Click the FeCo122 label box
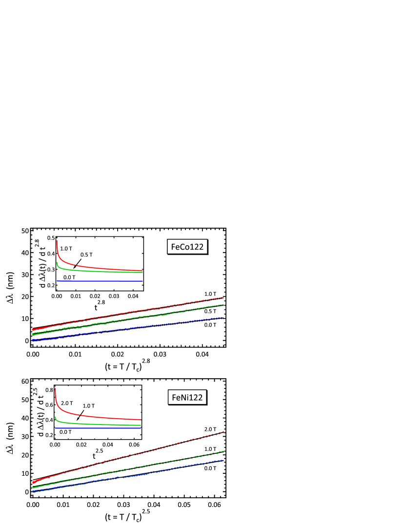click(188, 247)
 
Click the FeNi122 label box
click(187, 397)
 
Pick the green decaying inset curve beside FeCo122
click(98, 271)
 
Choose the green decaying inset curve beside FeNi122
click(98, 424)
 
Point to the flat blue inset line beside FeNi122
click(98, 428)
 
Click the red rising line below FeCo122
click(127, 313)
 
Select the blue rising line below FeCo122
click(127, 329)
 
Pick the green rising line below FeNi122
click(127, 468)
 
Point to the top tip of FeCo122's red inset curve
click(57, 240)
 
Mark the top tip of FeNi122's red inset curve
click(55, 388)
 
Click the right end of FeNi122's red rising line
click(223, 432)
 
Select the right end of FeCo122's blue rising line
click(223, 318)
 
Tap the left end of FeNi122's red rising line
click(33, 483)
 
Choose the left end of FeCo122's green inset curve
click(57, 263)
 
